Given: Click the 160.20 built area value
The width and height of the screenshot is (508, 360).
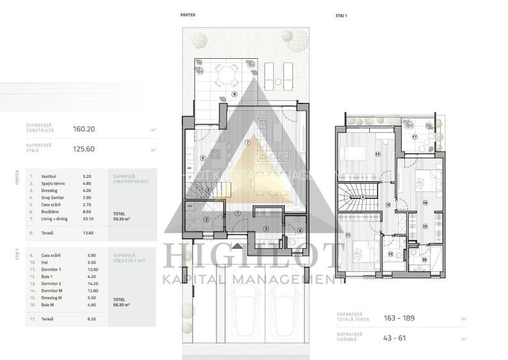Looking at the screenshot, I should (83, 129).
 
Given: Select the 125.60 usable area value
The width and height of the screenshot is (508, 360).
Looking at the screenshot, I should (83, 150).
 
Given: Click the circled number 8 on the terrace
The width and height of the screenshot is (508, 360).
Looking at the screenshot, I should (234, 95).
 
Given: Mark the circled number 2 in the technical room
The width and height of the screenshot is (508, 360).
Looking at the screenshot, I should (206, 220).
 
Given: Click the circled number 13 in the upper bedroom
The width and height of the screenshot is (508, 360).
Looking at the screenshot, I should (377, 154).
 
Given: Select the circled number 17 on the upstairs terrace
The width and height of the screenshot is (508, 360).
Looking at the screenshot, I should (414, 137).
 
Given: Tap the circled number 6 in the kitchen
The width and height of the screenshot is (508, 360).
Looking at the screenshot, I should (202, 158).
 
